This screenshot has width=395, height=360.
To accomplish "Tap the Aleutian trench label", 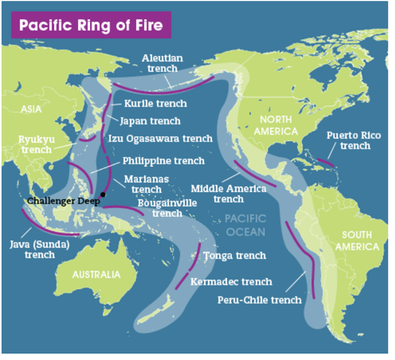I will [x=162, y=64].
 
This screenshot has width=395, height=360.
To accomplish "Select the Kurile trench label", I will [x=156, y=104].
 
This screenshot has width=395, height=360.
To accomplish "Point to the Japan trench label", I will [x=150, y=121].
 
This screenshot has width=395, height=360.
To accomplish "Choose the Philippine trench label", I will [x=163, y=161].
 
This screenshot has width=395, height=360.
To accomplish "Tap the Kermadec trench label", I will [x=231, y=282].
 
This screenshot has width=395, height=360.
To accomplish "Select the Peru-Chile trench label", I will [x=259, y=300].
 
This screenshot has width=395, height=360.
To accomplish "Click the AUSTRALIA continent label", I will [x=96, y=274].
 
